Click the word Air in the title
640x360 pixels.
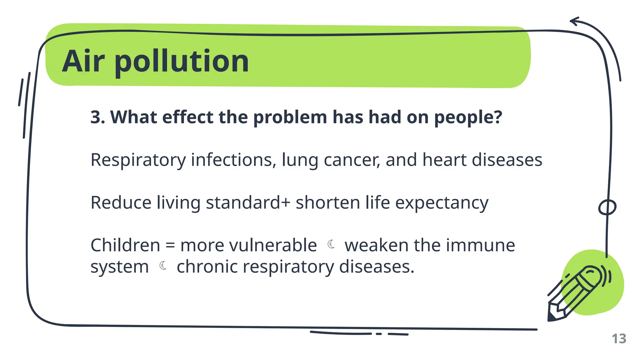point(83,61)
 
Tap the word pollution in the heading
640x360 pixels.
point(182,62)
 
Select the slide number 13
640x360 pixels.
point(619,339)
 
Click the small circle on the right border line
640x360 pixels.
point(607,207)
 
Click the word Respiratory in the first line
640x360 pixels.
point(138,160)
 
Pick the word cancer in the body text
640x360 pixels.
point(351,160)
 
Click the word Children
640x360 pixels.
point(125,245)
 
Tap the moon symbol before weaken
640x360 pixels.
point(331,244)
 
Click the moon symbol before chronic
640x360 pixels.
point(163,266)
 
